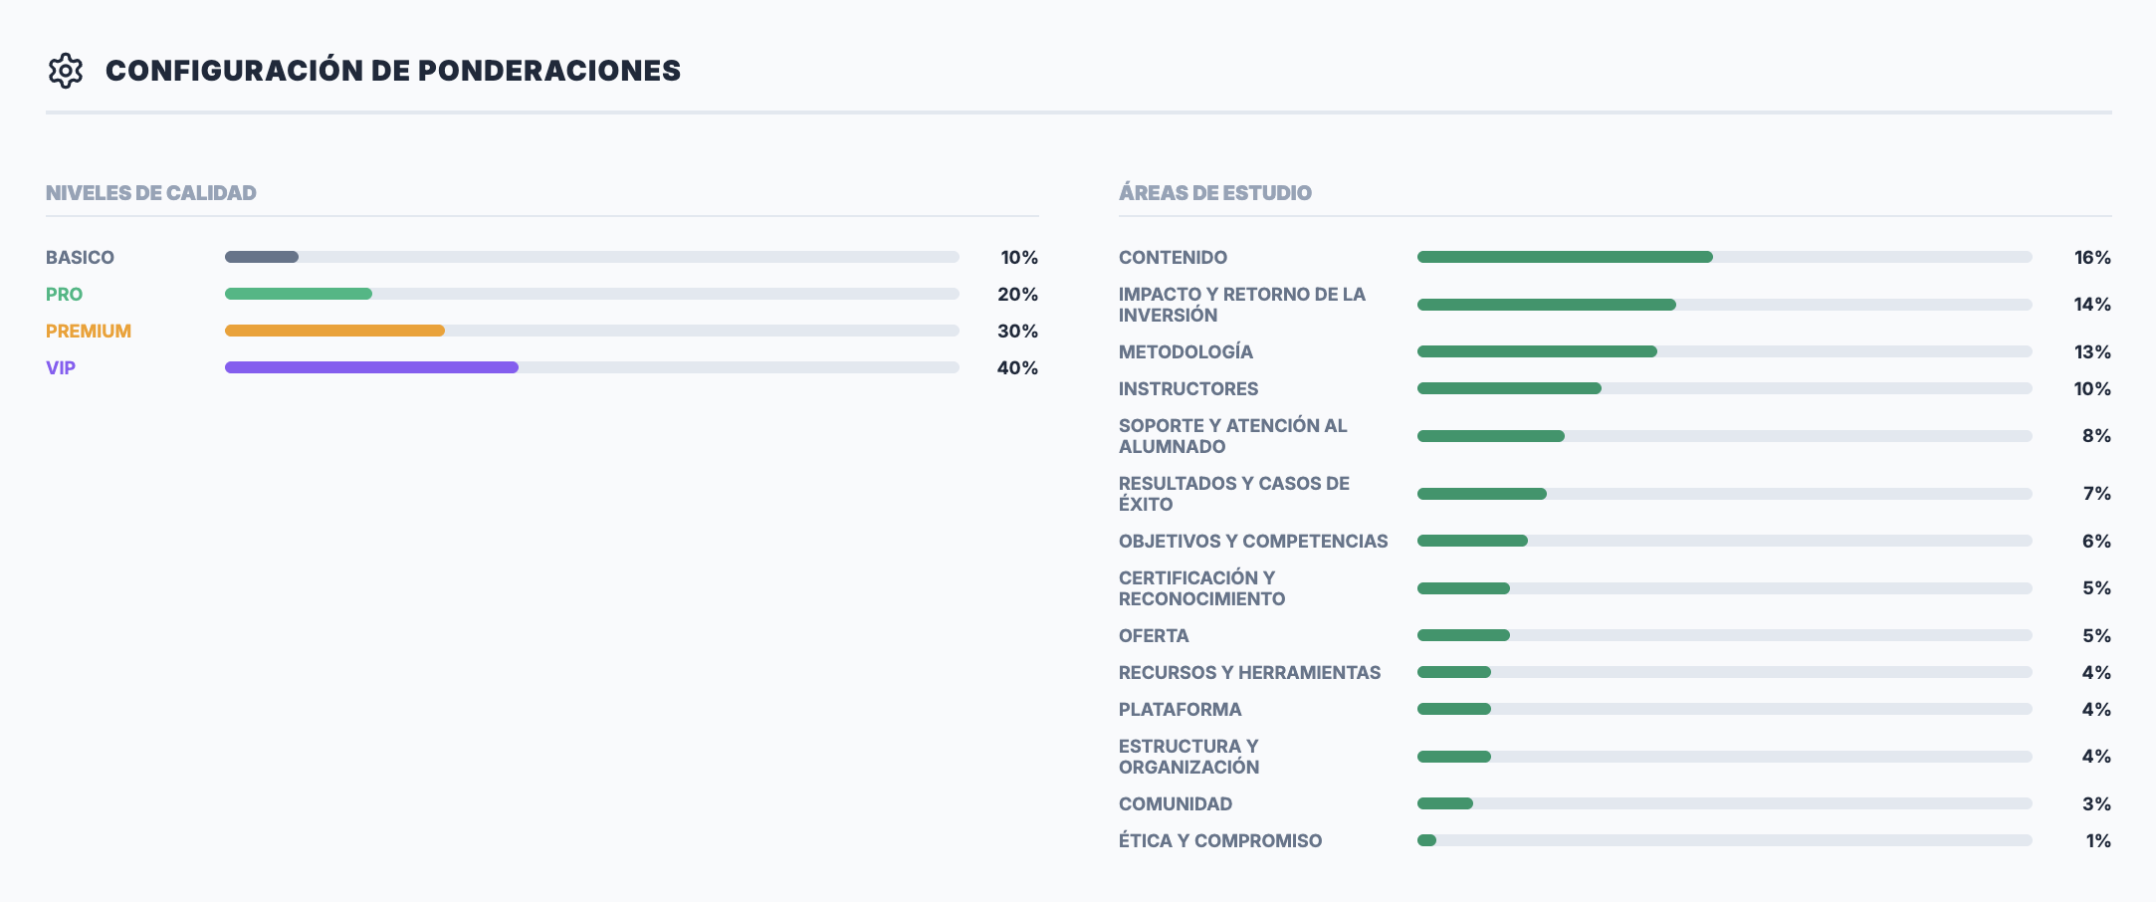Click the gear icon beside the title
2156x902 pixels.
[66, 71]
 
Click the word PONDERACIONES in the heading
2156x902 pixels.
[548, 71]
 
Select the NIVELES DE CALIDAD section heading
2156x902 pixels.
[151, 193]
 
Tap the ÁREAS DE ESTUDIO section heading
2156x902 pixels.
[1214, 193]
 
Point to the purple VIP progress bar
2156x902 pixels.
[371, 367]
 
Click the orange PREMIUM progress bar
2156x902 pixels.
[334, 331]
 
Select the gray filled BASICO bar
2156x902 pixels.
[262, 257]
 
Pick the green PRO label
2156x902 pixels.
[64, 294]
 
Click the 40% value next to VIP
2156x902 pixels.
[1017, 367]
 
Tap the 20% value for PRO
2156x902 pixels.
[1017, 294]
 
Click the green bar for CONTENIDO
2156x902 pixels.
[1565, 257]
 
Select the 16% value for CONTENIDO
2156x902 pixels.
[2092, 257]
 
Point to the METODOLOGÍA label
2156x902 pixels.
[1186, 351]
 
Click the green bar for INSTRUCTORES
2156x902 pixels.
[1509, 388]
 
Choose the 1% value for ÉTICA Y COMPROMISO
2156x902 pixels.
[2098, 840]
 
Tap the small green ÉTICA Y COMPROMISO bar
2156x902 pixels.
[1426, 840]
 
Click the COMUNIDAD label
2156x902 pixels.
[1176, 803]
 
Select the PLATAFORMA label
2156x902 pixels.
[1180, 709]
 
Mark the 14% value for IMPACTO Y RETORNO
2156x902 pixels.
[2092, 304]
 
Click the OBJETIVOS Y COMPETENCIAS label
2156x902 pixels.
[1253, 541]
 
